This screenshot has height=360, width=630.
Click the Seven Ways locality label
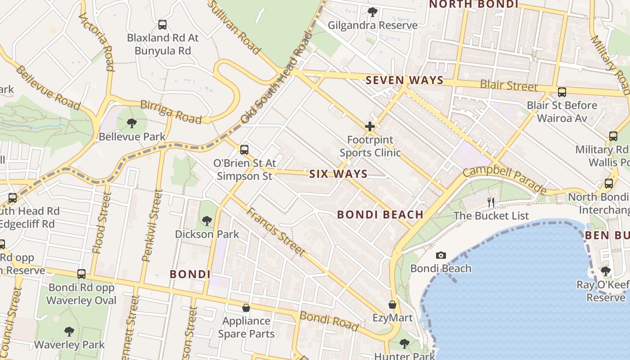(x=405, y=81)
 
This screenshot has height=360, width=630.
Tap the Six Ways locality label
(x=338, y=174)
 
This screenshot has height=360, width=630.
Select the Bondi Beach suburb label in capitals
(x=380, y=215)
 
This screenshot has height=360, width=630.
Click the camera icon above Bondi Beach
(x=441, y=256)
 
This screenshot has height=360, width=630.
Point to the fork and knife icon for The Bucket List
(x=491, y=202)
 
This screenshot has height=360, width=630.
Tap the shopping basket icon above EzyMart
(x=392, y=305)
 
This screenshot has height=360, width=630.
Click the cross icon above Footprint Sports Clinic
(x=370, y=126)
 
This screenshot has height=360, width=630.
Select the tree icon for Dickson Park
(x=207, y=221)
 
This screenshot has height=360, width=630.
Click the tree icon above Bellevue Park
(x=132, y=123)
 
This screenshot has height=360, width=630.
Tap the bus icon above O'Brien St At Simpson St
(x=244, y=149)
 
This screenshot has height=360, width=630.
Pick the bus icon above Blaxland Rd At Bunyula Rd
(x=162, y=25)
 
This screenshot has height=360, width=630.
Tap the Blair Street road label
(x=508, y=85)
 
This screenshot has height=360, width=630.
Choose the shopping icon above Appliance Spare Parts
(x=246, y=308)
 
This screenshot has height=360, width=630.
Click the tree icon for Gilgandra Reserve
(x=373, y=12)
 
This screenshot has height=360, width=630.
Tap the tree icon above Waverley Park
(x=69, y=332)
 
